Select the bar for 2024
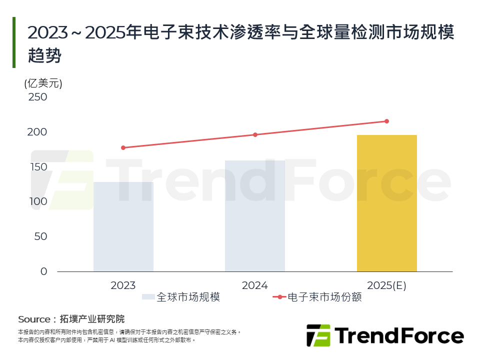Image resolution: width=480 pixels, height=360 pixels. click(255, 216)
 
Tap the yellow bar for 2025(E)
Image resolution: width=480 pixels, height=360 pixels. click(386, 203)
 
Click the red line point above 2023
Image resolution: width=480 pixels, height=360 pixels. click(123, 147)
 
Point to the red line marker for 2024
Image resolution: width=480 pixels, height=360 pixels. click(255, 134)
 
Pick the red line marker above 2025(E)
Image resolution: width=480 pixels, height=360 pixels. click(386, 121)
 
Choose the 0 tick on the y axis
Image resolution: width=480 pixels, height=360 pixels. click(43, 271)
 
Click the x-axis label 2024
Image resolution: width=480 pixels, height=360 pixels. click(255, 285)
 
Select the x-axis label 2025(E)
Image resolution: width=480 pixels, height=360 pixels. click(386, 285)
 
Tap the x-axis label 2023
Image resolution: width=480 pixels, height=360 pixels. click(123, 285)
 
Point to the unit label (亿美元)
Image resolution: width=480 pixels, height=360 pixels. click(43, 83)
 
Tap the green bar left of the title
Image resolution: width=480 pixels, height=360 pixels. click(14, 42)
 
